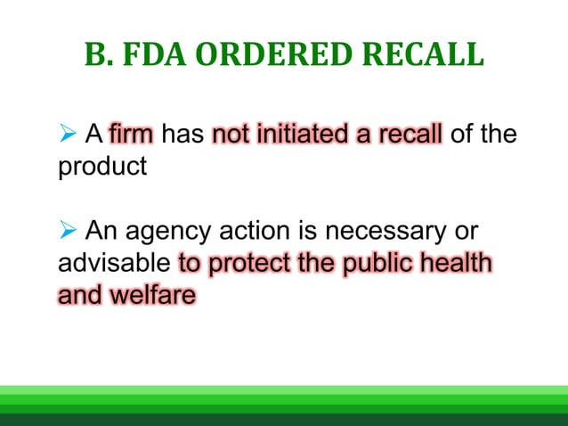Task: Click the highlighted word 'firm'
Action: [133, 136]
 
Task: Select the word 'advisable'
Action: [115, 264]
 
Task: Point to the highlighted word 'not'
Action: [232, 136]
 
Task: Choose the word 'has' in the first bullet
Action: [183, 136]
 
